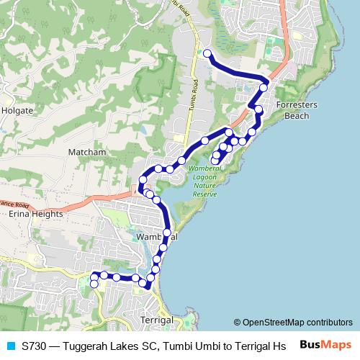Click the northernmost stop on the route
[x=207, y=53]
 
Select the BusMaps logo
[x=325, y=345]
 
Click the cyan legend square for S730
[x=10, y=346]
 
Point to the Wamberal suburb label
[x=155, y=236]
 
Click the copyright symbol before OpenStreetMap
[x=237, y=323]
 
